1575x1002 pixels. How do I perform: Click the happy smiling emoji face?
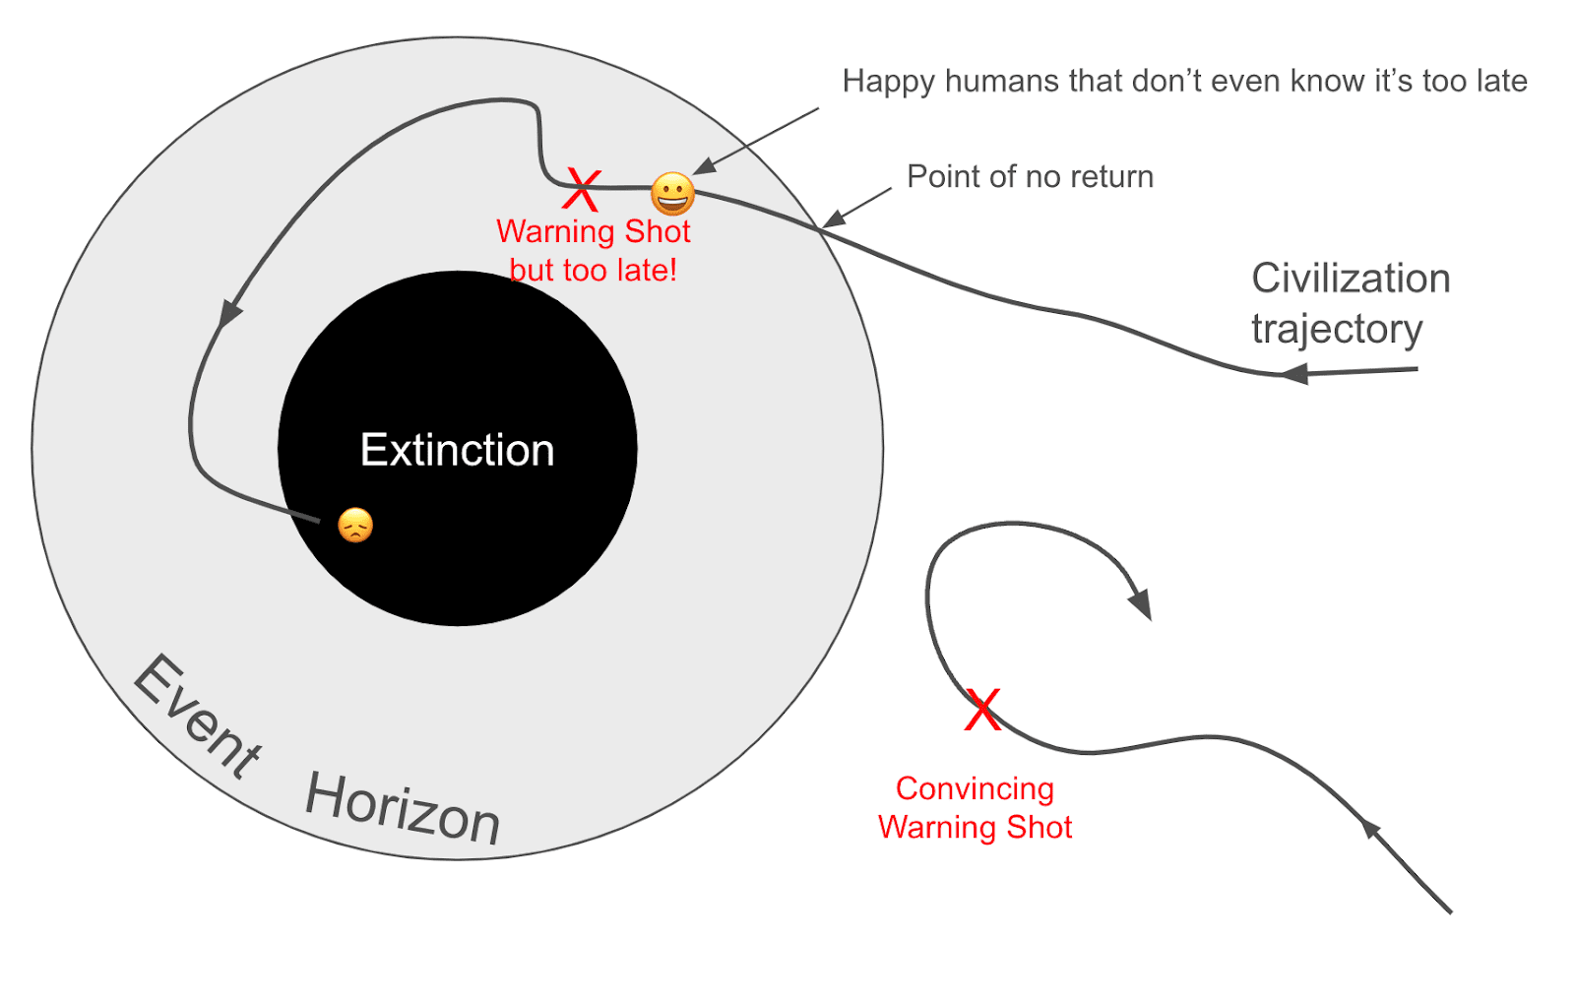[x=673, y=194]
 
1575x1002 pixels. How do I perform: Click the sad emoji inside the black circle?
[x=355, y=526]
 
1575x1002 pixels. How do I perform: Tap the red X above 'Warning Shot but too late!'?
[x=582, y=191]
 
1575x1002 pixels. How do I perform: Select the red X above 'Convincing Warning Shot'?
[x=982, y=710]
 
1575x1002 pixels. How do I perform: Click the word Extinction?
[x=458, y=450]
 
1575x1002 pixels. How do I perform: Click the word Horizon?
[x=403, y=808]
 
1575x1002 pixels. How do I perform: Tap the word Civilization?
[x=1351, y=279]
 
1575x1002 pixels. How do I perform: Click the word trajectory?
[x=1337, y=329]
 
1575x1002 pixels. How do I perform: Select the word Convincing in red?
[x=975, y=788]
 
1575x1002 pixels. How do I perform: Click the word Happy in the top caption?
[x=888, y=81]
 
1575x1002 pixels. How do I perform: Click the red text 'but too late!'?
[x=593, y=270]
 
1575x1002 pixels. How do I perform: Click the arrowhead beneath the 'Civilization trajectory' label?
[x=1295, y=373]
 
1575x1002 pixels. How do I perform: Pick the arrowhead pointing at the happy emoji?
[x=704, y=167]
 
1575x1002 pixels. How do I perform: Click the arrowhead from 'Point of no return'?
[x=833, y=219]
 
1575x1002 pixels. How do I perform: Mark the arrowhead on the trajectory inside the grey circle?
[x=230, y=313]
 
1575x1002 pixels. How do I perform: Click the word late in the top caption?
[x=1500, y=81]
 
